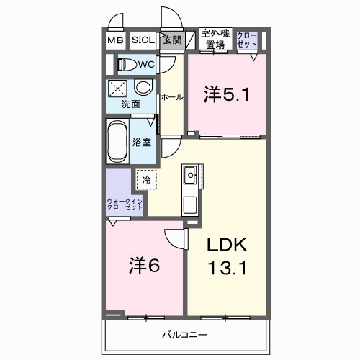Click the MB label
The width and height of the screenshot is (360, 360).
tap(115, 41)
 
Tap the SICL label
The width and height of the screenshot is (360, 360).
tap(142, 41)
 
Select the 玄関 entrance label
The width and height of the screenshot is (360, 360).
tap(171, 41)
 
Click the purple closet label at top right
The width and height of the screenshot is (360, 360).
tap(246, 39)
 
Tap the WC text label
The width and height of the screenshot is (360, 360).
tap(147, 65)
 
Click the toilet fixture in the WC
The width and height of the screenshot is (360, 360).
tap(128, 65)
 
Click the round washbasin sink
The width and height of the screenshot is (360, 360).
tap(143, 88)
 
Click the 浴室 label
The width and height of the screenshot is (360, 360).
tap(142, 142)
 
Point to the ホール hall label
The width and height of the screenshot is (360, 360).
tap(171, 96)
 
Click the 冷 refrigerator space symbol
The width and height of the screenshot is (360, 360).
tap(147, 179)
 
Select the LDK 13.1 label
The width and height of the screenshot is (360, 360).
tap(228, 257)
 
